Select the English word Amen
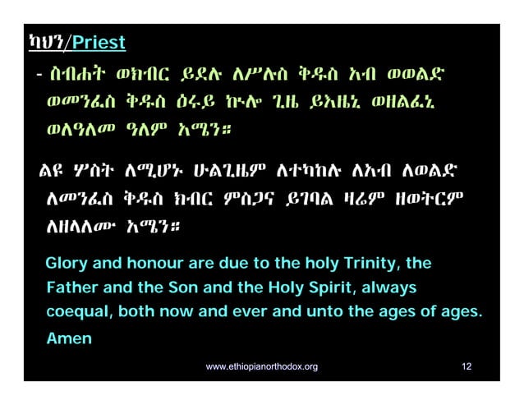point(68,338)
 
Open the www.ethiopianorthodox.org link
point(261,366)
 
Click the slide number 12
point(467,366)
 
